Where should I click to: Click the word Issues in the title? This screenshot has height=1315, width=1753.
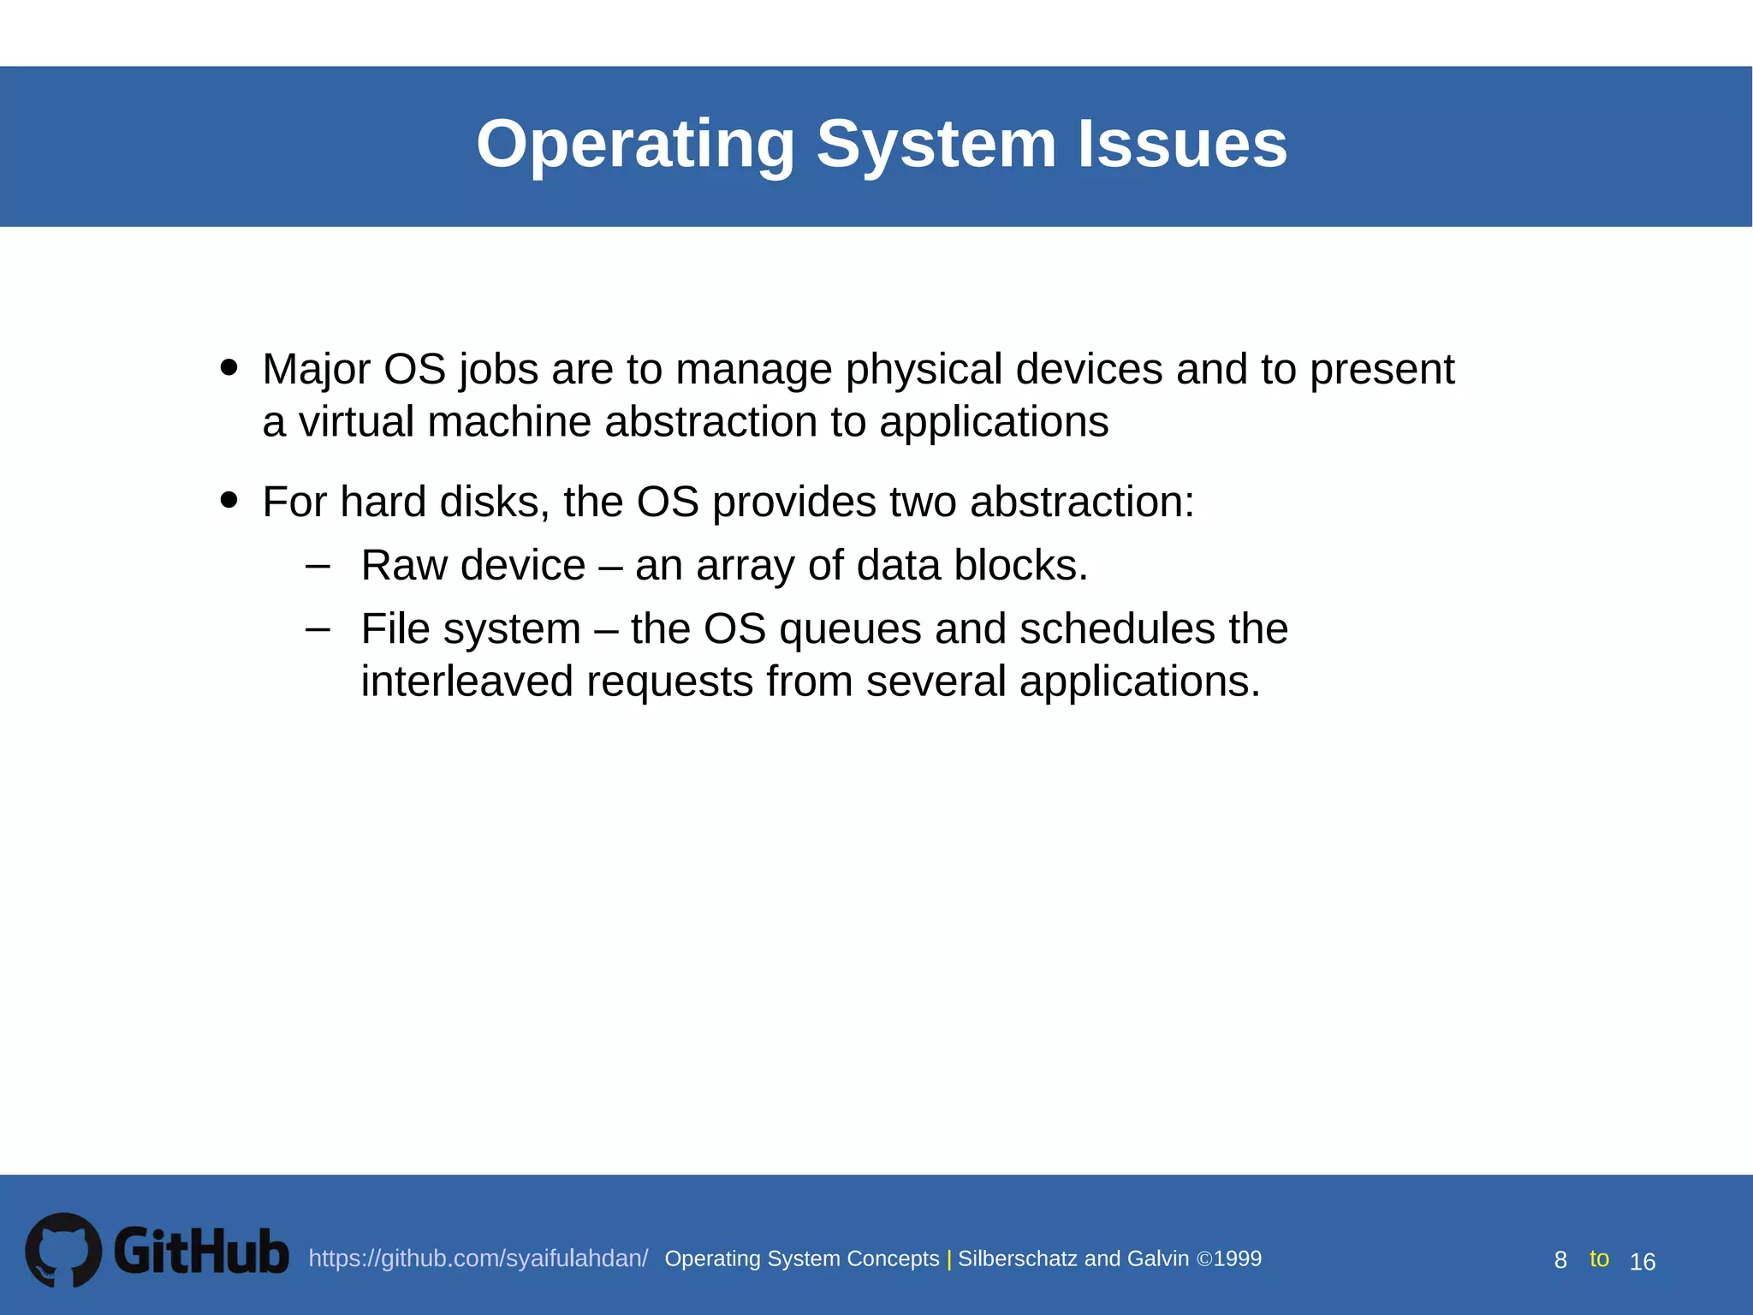click(x=1181, y=144)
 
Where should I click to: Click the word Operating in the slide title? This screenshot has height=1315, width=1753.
click(x=635, y=144)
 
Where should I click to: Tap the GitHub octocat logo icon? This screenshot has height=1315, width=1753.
click(x=63, y=1250)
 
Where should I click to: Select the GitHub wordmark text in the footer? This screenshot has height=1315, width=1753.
click(x=201, y=1252)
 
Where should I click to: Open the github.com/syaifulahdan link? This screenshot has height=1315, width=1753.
click(x=478, y=1258)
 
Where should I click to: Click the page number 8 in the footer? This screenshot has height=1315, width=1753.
click(x=1560, y=1260)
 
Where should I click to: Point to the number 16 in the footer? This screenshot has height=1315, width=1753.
click(x=1642, y=1262)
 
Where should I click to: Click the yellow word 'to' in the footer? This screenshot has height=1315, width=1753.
click(x=1599, y=1258)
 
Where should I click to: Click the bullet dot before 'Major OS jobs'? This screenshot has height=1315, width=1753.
click(x=229, y=367)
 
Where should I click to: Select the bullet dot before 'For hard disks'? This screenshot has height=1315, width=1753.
click(x=229, y=499)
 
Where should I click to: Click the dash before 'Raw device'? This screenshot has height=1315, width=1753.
click(x=318, y=566)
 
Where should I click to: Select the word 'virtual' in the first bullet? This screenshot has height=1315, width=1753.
click(x=360, y=422)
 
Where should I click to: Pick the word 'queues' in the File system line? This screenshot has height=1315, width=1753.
click(x=850, y=630)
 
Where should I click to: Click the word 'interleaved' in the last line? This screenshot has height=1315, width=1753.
click(x=466, y=682)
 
